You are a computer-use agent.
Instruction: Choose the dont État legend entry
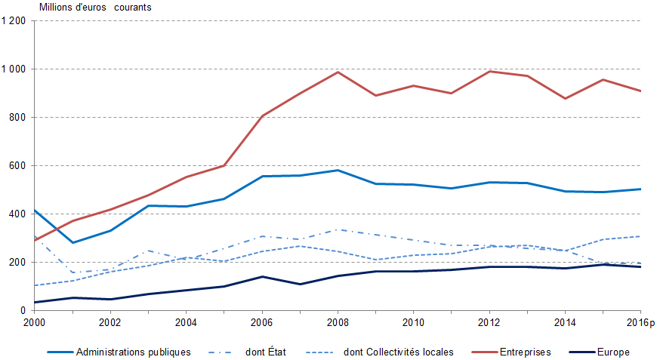pyautogui.click(x=265, y=352)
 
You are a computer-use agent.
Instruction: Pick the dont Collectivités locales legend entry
pyautogui.click(x=398, y=352)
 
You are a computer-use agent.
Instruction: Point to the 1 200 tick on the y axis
pyautogui.click(x=14, y=21)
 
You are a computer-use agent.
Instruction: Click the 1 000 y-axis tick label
pyautogui.click(x=14, y=69)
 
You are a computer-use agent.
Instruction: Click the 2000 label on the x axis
pyautogui.click(x=34, y=322)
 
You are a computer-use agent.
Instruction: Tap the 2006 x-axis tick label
pyautogui.click(x=261, y=322)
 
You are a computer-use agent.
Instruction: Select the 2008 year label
pyautogui.click(x=338, y=322)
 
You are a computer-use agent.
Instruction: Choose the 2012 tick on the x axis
pyautogui.click(x=489, y=322)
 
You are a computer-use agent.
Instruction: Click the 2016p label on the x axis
pyautogui.click(x=641, y=322)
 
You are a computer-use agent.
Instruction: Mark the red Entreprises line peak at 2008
pyautogui.click(x=338, y=72)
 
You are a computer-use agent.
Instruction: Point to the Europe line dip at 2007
pyautogui.click(x=300, y=284)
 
